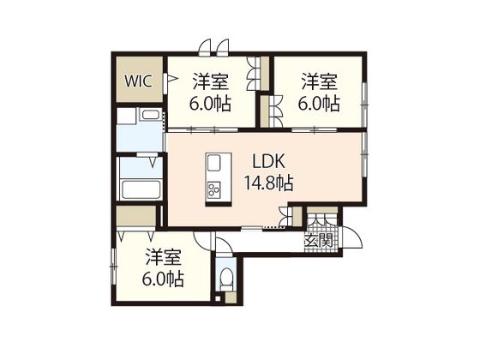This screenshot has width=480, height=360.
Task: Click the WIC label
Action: [138, 81]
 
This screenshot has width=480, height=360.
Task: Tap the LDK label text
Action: [269, 161]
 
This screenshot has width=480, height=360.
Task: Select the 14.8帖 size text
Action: [269, 183]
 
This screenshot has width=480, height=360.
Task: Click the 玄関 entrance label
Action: [318, 241]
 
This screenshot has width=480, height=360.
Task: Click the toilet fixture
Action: [226, 279]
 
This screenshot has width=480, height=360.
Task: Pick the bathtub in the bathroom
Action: [141, 189]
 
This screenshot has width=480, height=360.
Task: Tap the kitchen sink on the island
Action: [214, 163]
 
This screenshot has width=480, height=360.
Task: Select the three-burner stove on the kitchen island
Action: [214, 189]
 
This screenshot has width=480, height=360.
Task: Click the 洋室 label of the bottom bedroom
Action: [164, 257]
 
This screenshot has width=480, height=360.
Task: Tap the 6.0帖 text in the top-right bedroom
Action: [319, 104]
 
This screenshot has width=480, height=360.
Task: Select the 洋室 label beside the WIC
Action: [211, 81]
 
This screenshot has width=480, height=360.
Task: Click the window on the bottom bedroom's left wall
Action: [114, 267]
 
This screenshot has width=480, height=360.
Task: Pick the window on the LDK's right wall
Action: [364, 154]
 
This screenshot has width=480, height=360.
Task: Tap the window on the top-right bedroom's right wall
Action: [364, 104]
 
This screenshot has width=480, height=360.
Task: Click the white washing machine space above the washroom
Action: [126, 116]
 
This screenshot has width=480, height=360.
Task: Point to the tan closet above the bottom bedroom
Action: [136, 216]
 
